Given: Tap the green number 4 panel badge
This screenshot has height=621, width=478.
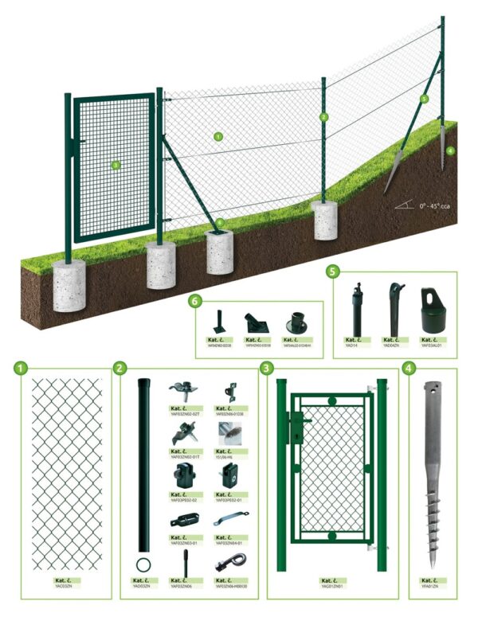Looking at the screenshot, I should [409, 369].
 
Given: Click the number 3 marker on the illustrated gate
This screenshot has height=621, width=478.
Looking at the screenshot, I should [116, 166].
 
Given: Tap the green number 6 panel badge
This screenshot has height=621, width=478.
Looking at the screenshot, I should [197, 302].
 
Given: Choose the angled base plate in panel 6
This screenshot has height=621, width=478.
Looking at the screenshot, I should [256, 326].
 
